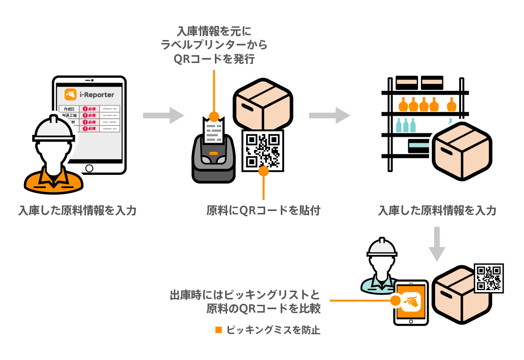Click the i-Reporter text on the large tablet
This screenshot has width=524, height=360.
pos(97,94)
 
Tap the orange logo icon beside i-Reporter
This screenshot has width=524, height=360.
pos(71,94)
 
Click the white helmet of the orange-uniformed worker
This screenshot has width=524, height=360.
pos(53,128)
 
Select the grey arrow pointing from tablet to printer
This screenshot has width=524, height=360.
pos(164,115)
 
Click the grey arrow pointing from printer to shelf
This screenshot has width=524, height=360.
pos(330,115)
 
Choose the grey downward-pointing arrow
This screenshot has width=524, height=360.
pos(437,244)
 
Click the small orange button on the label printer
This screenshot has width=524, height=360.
pos(214,154)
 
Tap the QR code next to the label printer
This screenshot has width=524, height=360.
pos(263,150)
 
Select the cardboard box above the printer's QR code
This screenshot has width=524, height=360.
pos(263,104)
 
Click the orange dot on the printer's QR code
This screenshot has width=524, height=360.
pos(264,171)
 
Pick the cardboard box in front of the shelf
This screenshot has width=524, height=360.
pos(461,151)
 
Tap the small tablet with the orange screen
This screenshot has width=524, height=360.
pos(411,303)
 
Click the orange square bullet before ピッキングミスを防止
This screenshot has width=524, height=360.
pos(219,330)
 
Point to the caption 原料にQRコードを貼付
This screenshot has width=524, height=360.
pos(263,211)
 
